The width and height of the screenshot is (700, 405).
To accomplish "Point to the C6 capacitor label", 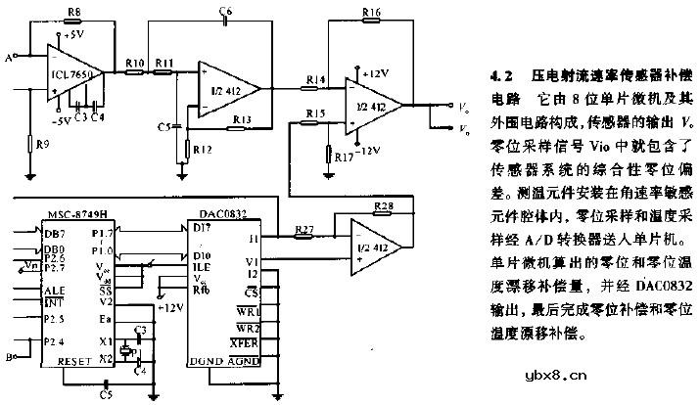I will (x=225, y=11).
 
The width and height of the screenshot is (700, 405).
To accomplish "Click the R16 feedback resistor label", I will (x=371, y=13).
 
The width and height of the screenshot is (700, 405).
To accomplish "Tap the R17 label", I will (x=343, y=156).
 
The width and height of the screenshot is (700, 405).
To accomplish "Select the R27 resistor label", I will (x=303, y=231).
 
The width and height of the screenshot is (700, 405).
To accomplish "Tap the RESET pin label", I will (x=75, y=360).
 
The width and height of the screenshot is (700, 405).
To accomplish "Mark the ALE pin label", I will (x=54, y=291).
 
